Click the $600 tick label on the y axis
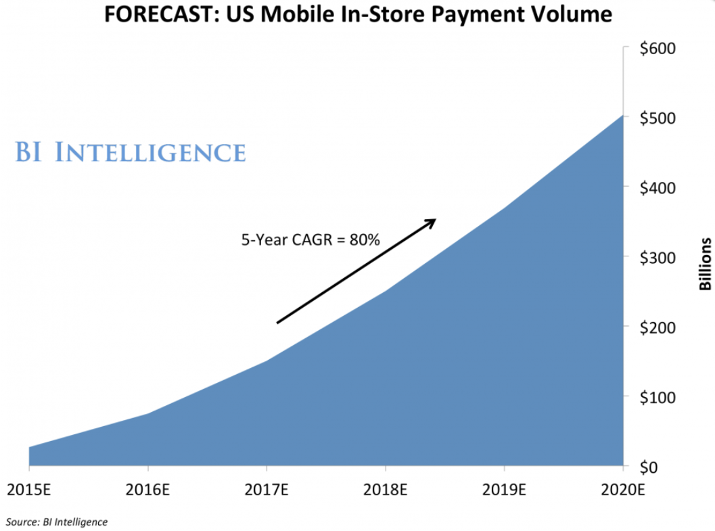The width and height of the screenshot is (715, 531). [x=658, y=49]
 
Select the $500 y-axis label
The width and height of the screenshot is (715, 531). [x=658, y=118]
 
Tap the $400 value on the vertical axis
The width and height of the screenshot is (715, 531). [x=658, y=187]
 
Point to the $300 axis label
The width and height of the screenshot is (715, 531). [x=658, y=257]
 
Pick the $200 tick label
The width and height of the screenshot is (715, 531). [x=658, y=327]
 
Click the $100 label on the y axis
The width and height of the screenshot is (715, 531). [x=658, y=396]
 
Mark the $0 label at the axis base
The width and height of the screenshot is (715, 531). [x=651, y=467]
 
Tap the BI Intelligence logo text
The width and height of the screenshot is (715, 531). [x=130, y=152]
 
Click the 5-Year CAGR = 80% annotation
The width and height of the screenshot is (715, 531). [x=311, y=239]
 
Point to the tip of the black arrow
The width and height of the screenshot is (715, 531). [x=435, y=220]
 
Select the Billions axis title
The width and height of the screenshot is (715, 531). [x=706, y=264]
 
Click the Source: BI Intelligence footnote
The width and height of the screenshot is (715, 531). [x=57, y=522]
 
